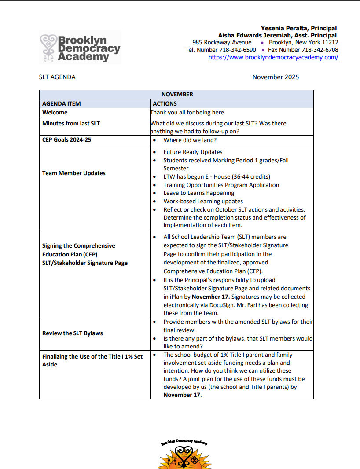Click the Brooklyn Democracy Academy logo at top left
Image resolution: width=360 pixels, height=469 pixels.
tap(80, 48)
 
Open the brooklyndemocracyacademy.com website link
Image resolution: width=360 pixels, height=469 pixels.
tap(273, 57)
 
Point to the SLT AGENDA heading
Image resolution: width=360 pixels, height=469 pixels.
tap(57, 77)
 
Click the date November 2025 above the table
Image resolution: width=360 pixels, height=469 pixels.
tap(276, 77)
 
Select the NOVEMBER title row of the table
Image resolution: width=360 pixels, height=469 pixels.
tap(176, 94)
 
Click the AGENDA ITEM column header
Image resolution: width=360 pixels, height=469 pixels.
tap(62, 103)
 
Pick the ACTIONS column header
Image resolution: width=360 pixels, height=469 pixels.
tap(165, 103)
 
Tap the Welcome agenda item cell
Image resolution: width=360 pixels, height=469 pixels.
tap(55, 113)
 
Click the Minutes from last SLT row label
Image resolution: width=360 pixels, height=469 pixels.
tap(71, 124)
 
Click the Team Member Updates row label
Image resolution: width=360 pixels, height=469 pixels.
tap(74, 173)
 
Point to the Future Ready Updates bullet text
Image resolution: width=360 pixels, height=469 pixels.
tap(193, 152)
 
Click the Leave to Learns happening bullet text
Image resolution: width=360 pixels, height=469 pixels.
tap(198, 193)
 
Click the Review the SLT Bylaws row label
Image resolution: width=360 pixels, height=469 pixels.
tap(73, 333)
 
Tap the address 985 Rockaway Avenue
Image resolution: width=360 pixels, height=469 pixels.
tap(222, 43)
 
